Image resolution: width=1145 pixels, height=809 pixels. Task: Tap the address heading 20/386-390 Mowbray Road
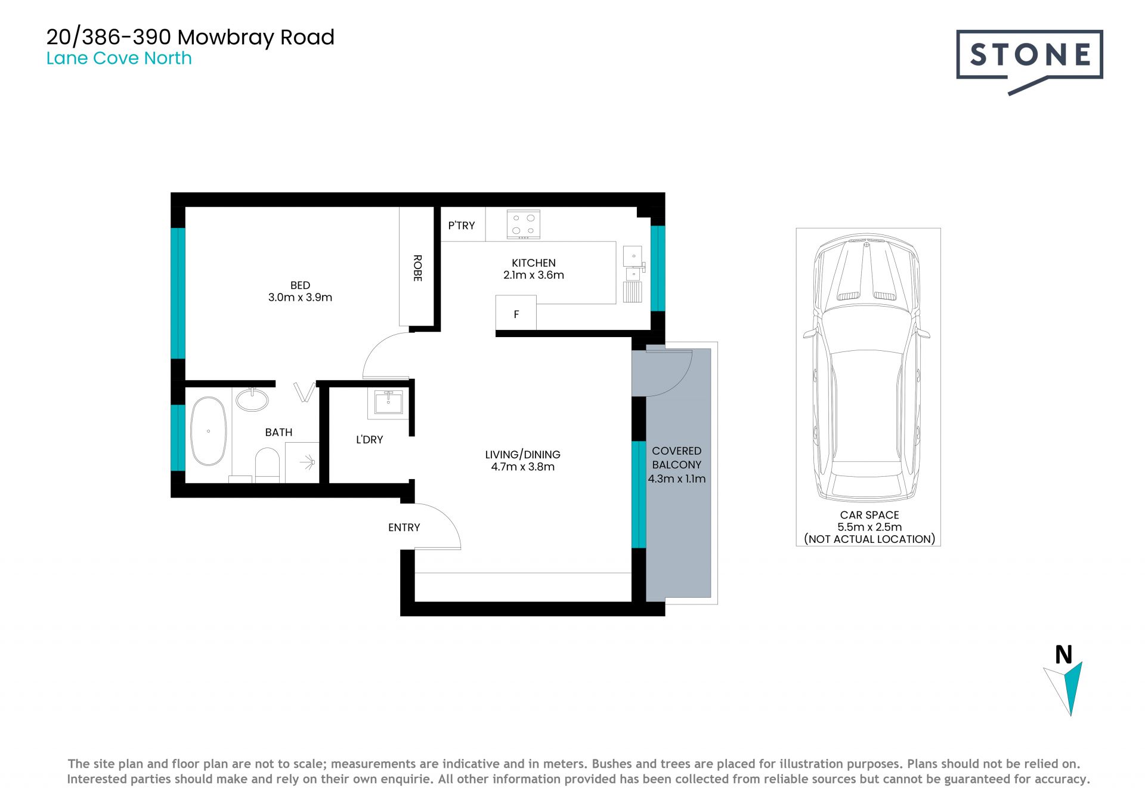click(x=190, y=37)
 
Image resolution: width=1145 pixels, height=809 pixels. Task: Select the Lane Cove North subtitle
click(x=119, y=58)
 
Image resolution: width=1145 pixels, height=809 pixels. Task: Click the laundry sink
click(x=388, y=402)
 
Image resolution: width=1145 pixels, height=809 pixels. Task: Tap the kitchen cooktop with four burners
click(x=523, y=224)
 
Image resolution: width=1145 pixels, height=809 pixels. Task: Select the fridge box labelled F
click(x=516, y=313)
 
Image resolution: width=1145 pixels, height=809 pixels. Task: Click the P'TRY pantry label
click(x=462, y=226)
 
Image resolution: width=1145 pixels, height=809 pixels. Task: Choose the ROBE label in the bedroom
click(x=417, y=268)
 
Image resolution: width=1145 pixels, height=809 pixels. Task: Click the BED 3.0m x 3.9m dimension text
click(x=300, y=291)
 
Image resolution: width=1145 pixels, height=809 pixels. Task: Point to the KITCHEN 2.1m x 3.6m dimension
click(x=534, y=269)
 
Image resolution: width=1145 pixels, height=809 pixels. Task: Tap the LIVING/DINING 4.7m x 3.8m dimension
click(x=522, y=461)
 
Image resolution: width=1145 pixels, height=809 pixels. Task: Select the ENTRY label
click(x=404, y=527)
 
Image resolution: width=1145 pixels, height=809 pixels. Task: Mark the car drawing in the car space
click(x=866, y=368)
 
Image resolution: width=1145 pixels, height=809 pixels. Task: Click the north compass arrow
click(x=1063, y=688)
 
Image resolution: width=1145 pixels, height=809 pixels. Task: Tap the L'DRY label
click(x=369, y=440)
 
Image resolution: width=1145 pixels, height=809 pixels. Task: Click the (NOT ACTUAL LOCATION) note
click(x=869, y=539)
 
